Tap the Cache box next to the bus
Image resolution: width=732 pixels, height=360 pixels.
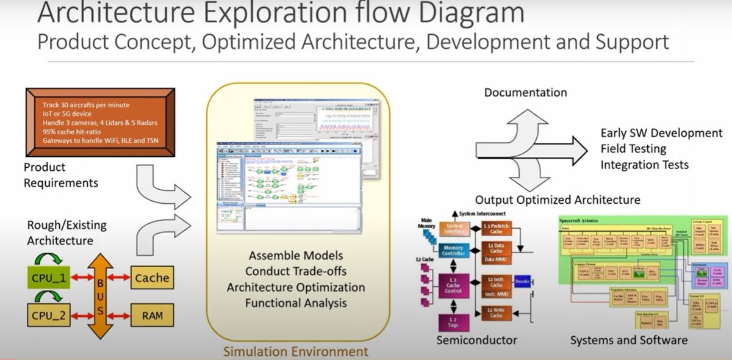[x=152, y=278]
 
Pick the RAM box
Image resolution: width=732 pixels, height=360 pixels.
[x=152, y=315]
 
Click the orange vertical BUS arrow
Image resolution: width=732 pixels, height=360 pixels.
[x=100, y=295]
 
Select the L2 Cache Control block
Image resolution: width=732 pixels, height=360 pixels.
[x=452, y=287]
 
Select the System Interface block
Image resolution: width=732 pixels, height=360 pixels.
[x=453, y=229]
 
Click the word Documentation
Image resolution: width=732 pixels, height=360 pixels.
[x=525, y=93]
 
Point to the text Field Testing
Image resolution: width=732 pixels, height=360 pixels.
[x=633, y=149]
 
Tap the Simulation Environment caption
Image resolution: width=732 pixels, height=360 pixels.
[x=296, y=351]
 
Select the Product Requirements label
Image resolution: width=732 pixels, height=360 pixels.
[x=61, y=175]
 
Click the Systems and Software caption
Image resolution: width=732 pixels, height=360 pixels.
[x=628, y=340]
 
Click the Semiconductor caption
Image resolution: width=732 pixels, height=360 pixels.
[x=476, y=340]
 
